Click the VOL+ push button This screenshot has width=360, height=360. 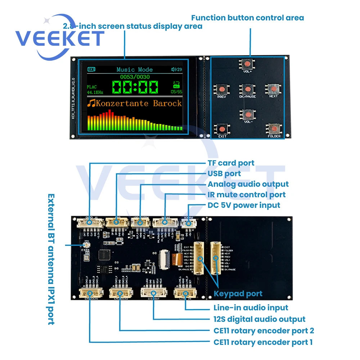247,64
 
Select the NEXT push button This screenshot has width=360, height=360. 273,89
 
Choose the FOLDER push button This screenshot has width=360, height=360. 274,129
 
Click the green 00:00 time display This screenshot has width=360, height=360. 135,87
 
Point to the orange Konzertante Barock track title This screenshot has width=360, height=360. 135,103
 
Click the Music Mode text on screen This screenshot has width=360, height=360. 135,69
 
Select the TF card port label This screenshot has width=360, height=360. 231,163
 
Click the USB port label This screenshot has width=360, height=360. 224,174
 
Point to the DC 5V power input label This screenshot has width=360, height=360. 244,205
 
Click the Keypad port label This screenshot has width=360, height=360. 238,294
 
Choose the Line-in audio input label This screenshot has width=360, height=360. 251,308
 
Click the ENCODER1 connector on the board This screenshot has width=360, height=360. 89,292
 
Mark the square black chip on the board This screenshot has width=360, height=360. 106,254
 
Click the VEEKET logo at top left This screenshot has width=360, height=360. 59,38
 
